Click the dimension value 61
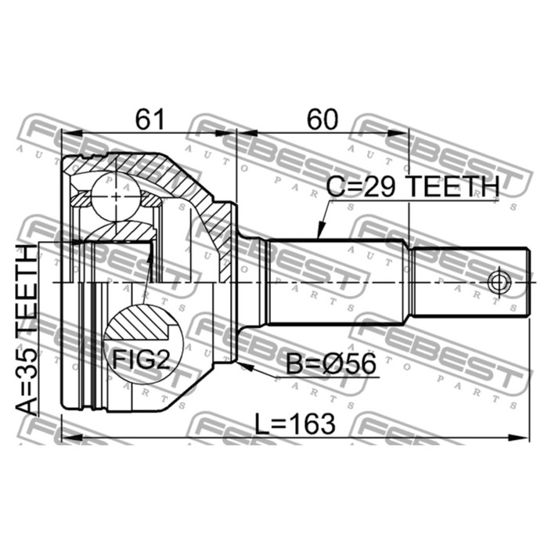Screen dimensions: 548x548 coord(150,119)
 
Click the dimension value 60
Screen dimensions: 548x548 coord(323,119)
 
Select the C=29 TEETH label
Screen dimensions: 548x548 coord(413,186)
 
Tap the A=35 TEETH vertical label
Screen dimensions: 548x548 coord(27,330)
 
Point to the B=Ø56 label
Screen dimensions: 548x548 coord(331,364)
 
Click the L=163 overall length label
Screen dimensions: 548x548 coord(295,424)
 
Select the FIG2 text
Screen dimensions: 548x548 coord(141,359)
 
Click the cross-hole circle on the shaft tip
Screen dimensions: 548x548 coord(499,282)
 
